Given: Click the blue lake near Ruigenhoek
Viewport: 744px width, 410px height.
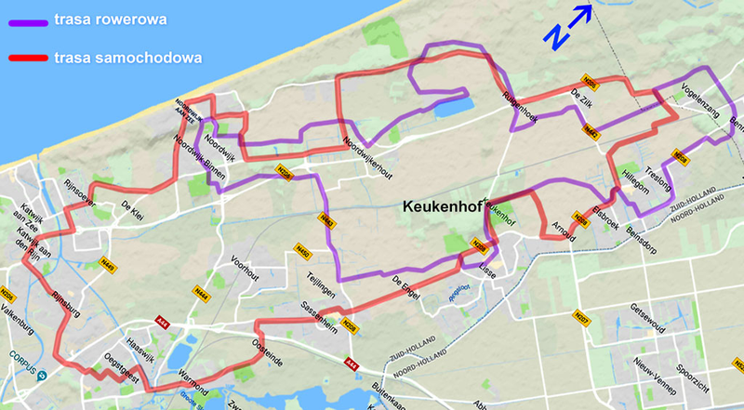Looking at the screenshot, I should click(x=451, y=107).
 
